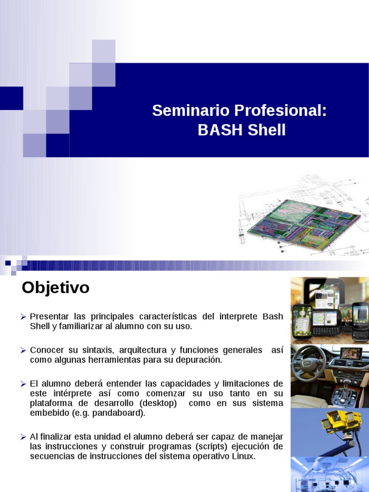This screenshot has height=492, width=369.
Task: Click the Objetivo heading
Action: (56, 288)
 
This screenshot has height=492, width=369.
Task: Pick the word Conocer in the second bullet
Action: (46, 350)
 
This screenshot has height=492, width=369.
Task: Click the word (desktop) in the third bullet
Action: (156, 403)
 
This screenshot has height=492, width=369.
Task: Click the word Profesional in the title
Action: (281, 111)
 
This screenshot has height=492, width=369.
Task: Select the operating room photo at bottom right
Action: (330, 474)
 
